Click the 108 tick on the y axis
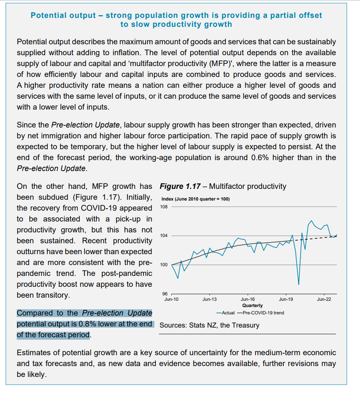coord(163,206)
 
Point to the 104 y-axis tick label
coord(163,236)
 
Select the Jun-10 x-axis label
coord(171,299)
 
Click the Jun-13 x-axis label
coord(210,299)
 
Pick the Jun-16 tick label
coord(248,299)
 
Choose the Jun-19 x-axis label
coord(286,299)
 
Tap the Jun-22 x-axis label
coord(324,299)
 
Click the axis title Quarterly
coord(252,305)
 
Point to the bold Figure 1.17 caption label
coord(181,186)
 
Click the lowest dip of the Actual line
coord(299,284)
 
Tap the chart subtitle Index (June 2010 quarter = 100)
coord(195,199)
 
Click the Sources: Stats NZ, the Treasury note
coord(209,325)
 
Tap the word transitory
coord(53,295)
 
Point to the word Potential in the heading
coord(50,16)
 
